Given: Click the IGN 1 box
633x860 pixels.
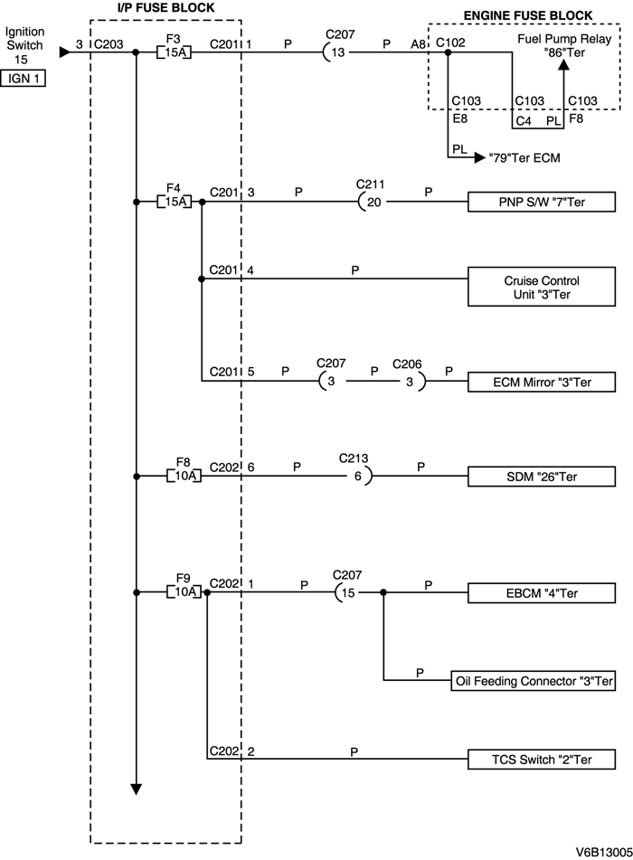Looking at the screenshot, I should coord(24,79).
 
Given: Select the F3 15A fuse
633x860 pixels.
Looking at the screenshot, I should coord(175,52).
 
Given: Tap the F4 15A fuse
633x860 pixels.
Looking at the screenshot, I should coord(175,201).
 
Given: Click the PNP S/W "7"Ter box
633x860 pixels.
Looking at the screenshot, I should coord(542,202).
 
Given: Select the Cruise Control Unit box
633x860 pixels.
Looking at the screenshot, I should coord(542,287).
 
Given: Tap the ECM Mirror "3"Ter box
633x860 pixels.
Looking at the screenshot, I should coord(542,383).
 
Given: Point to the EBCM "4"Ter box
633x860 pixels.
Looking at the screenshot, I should coord(542,593).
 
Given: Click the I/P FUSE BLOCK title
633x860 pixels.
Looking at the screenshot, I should coord(166,8).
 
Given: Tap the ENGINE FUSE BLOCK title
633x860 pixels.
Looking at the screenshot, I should coord(528,15).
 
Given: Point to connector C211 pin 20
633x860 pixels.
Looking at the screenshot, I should coord(371,202).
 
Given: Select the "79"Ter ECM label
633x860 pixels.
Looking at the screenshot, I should coord(524,157).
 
